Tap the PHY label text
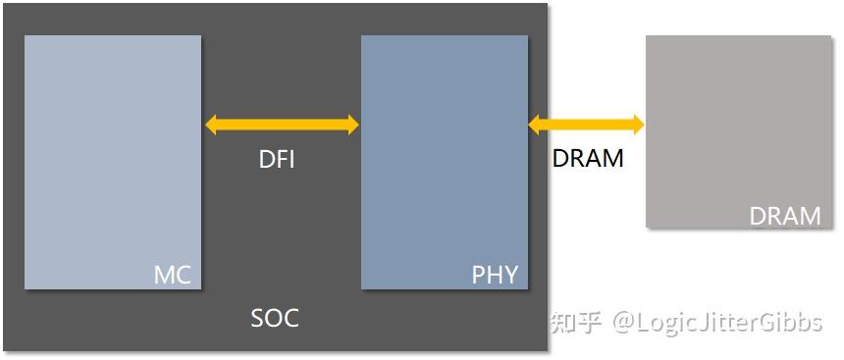point(495,275)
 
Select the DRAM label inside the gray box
point(784,216)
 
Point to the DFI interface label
point(277,160)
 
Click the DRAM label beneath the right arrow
point(588,158)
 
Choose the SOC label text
point(275,319)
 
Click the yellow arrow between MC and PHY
point(283,125)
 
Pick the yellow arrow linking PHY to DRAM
point(586,125)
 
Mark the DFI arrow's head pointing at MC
point(213,125)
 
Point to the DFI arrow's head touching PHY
point(352,125)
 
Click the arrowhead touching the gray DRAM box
point(637,125)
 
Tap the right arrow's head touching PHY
point(536,125)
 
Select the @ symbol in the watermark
point(625,323)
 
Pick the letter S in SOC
point(258,319)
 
